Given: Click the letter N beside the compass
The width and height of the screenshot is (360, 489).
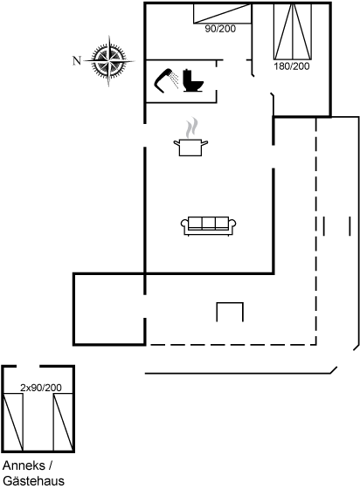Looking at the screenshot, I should (x=76, y=60).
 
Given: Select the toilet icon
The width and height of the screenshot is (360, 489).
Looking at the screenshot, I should (x=194, y=79).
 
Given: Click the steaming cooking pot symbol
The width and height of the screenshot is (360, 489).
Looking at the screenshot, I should (x=190, y=146).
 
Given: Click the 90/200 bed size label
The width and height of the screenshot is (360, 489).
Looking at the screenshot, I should (x=220, y=29).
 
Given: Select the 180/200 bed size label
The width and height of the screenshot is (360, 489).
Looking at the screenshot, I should (x=291, y=66).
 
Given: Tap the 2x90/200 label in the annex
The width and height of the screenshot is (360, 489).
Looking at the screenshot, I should (x=40, y=386).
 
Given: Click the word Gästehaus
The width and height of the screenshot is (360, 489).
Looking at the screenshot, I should (x=27, y=480).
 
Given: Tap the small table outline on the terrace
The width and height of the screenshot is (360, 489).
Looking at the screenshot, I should (x=230, y=312).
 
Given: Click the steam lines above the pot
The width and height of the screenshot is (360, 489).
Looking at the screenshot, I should (x=191, y=127).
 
